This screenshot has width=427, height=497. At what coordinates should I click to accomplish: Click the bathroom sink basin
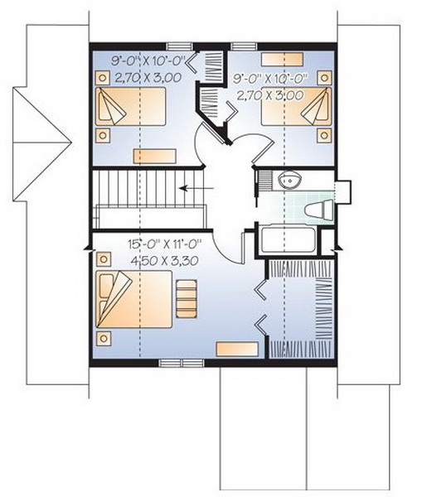[x=289, y=180]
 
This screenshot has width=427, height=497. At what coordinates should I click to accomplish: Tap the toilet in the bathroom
[x=318, y=210]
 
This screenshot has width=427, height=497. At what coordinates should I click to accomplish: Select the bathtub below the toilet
[x=288, y=239]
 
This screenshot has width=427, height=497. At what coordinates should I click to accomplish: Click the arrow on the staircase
[x=197, y=189]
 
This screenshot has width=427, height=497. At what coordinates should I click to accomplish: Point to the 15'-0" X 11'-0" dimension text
[x=165, y=244]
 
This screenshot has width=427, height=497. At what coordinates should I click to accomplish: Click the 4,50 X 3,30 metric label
[x=165, y=261]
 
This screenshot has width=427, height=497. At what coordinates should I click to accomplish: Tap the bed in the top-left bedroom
[x=130, y=107]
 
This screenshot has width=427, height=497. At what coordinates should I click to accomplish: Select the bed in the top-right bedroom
[x=296, y=107]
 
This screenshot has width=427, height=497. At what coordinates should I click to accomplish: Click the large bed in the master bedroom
[x=133, y=299]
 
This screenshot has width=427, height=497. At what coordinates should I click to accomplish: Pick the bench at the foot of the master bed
[x=187, y=299]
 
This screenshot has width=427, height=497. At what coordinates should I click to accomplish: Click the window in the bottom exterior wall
[x=182, y=363]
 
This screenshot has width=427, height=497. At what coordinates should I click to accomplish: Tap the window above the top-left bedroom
[x=180, y=46]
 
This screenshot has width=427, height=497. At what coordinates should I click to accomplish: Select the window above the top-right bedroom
[x=245, y=46]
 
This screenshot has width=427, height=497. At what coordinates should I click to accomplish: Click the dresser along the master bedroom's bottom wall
[x=237, y=349]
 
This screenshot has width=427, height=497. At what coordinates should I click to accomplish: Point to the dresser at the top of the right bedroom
[x=282, y=60]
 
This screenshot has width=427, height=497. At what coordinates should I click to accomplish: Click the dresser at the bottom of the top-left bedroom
[x=155, y=157]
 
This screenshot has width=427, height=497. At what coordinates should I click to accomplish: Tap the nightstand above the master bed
[x=104, y=259]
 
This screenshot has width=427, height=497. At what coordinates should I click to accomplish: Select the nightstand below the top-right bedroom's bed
[x=324, y=135]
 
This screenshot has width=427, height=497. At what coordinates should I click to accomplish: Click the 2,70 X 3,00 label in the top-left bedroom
[x=148, y=77]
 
